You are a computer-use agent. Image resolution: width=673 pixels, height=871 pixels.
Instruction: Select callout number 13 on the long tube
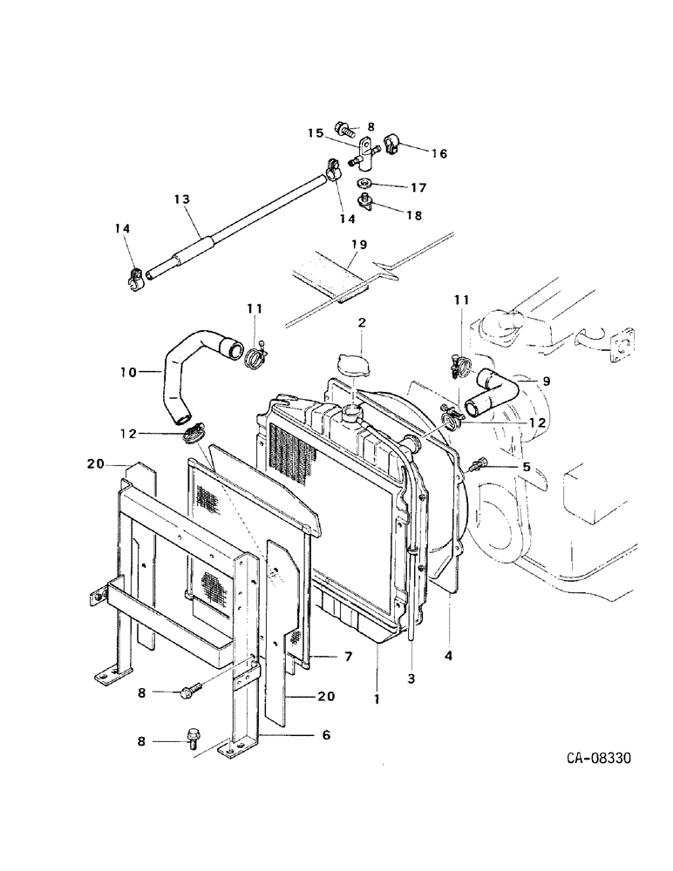click(181, 199)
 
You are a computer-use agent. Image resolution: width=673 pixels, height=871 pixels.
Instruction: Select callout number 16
click(438, 153)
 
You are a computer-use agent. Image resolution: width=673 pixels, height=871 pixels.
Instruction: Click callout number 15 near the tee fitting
click(315, 133)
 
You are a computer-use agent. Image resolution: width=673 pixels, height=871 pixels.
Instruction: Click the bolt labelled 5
click(478, 465)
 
